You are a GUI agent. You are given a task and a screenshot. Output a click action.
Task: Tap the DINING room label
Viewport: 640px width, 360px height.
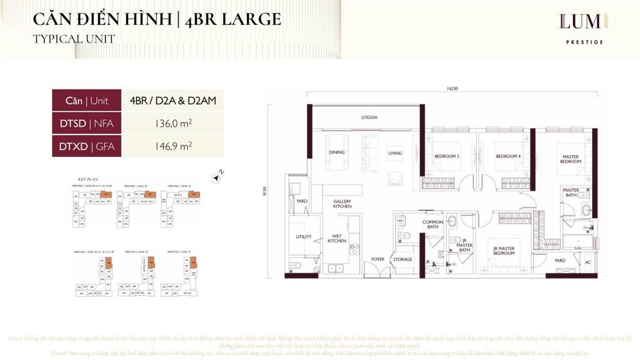point(337,152)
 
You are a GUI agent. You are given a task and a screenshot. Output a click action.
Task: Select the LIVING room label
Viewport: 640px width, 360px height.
point(395,153)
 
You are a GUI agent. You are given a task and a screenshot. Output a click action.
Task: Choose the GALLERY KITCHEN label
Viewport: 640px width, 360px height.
point(342,204)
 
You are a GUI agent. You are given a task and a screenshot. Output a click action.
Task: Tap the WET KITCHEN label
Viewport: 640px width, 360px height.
point(337,238)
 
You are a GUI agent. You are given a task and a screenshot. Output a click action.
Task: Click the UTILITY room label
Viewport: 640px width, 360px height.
point(304,237)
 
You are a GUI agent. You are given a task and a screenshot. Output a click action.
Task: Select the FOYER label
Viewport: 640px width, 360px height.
point(377,259)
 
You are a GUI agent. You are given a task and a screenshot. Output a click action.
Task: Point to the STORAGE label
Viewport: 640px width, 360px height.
point(402,259)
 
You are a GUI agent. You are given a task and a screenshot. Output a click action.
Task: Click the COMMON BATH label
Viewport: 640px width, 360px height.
point(432,224)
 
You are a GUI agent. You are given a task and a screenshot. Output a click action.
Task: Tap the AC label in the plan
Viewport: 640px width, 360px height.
point(587,262)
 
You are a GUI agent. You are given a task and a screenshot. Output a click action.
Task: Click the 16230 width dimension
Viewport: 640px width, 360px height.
point(452,89)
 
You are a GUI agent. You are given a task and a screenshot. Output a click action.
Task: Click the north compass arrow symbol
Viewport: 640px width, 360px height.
point(217,177)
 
